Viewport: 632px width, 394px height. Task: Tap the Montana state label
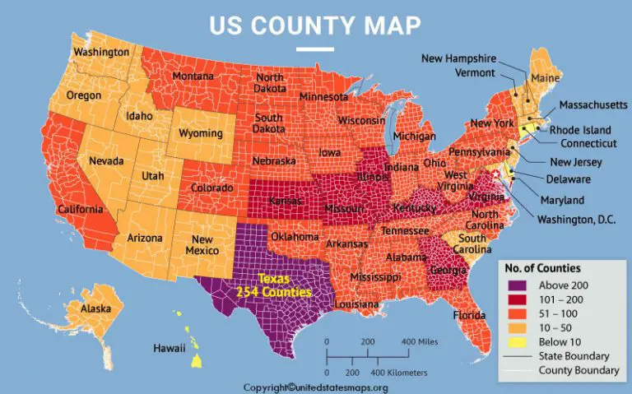click(x=193, y=77)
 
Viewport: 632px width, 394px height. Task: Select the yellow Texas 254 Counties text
click(x=273, y=285)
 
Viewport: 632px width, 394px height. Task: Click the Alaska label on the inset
click(x=97, y=308)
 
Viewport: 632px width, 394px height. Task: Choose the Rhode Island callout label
click(x=580, y=130)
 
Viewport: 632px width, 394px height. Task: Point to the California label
click(x=80, y=210)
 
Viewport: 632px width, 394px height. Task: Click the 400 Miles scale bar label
click(x=419, y=341)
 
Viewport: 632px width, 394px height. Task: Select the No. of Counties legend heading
click(x=542, y=268)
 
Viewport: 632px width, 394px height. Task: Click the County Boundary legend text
click(x=579, y=370)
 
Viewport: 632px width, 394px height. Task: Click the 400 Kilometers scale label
click(x=398, y=373)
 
